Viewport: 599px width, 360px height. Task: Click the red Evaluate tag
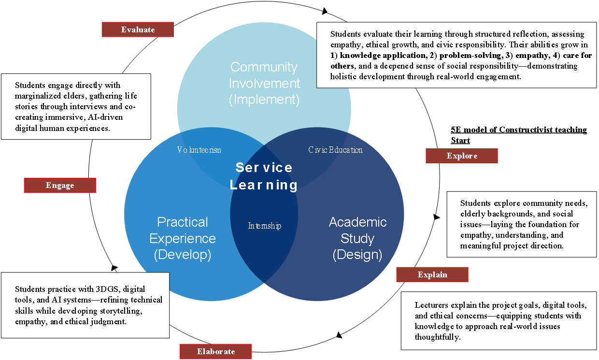click(138, 29)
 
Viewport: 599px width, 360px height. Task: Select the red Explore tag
click(462, 156)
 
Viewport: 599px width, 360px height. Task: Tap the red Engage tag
click(60, 185)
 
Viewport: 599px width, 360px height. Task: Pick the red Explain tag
click(432, 274)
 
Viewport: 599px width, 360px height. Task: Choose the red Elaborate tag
click(216, 351)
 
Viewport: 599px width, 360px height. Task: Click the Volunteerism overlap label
click(199, 150)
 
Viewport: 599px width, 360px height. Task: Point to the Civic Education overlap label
click(335, 150)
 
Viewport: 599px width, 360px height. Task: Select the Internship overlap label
click(264, 226)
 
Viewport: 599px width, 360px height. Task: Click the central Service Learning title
click(264, 176)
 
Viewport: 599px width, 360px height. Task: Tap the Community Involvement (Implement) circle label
click(264, 83)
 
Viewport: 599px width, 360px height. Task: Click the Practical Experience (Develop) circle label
click(183, 238)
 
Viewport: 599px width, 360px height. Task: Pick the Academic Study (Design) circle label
click(357, 238)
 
